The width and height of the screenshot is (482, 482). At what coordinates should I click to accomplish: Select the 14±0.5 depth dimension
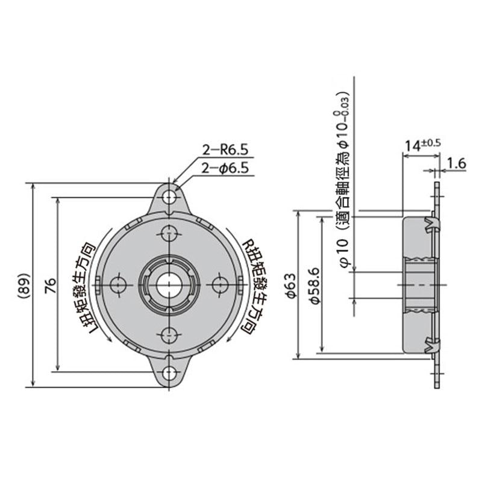tap(422, 145)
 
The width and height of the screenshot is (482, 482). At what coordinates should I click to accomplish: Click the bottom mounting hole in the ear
tap(171, 371)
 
